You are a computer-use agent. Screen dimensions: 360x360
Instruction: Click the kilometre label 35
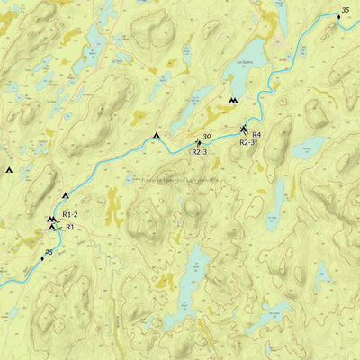point(346,10)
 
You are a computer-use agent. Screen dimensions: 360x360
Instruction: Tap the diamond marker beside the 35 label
point(339,17)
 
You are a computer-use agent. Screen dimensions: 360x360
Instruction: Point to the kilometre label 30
point(206,136)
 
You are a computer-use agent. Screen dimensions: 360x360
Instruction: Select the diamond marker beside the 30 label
point(199,142)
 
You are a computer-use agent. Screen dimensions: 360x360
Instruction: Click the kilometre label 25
point(49,252)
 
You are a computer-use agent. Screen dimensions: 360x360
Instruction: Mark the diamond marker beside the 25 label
point(41,258)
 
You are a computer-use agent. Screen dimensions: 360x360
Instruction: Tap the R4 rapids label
point(256,135)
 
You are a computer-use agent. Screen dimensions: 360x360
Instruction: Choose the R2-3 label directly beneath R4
point(247,143)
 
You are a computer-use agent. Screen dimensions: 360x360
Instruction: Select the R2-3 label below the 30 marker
point(200,152)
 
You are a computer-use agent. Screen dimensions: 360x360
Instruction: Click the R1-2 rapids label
point(70,215)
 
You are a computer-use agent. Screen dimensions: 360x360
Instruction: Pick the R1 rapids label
point(69,228)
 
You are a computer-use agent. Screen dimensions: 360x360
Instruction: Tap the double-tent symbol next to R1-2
point(51,219)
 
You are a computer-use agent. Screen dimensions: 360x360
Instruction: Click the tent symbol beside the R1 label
point(51,227)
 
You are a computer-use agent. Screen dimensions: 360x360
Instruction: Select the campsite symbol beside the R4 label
point(244,130)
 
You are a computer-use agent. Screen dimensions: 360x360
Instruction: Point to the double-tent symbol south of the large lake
point(234,101)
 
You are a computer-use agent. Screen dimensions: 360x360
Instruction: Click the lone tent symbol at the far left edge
point(10,169)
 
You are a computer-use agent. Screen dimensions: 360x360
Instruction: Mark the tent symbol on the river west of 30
point(157,136)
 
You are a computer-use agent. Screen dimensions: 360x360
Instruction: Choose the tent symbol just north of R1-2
point(65,196)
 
